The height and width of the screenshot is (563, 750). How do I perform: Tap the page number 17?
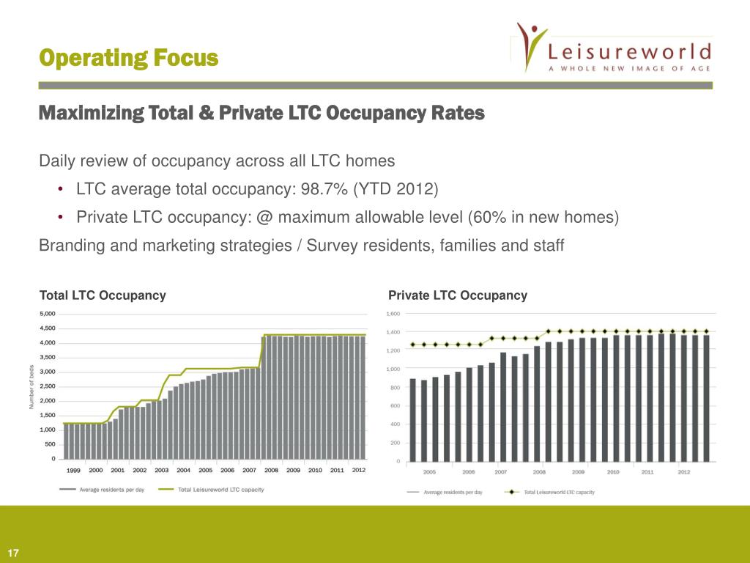(x=12, y=553)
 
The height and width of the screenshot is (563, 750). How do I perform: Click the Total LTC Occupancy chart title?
(x=103, y=295)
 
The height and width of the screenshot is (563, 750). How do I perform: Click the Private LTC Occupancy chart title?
(x=458, y=295)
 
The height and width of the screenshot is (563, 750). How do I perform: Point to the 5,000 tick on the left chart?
(x=45, y=314)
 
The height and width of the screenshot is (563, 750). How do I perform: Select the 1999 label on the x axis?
(x=74, y=470)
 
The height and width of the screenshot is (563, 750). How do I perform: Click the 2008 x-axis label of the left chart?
(x=271, y=470)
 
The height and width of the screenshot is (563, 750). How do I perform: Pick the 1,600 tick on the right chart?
(x=393, y=314)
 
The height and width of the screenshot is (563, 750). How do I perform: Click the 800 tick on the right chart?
(x=394, y=387)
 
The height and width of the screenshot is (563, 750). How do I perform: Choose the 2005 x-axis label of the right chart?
(x=431, y=472)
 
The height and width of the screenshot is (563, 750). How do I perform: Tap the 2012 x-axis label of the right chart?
(x=683, y=472)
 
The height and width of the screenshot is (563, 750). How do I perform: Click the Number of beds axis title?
(x=31, y=386)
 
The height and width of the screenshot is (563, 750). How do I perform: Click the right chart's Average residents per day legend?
(x=453, y=492)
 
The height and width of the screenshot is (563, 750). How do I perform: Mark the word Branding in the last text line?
(x=70, y=246)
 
